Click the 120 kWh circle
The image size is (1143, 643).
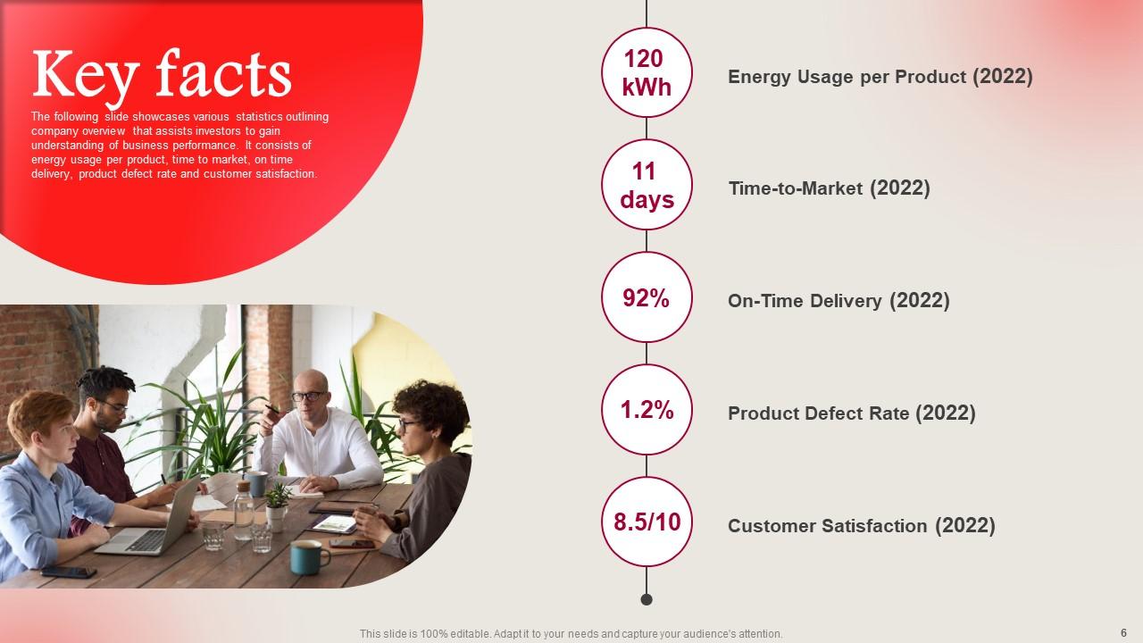click(x=647, y=72)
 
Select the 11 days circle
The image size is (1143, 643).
click(x=647, y=185)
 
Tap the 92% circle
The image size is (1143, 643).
click(x=647, y=297)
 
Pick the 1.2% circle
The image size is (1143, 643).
click(x=647, y=409)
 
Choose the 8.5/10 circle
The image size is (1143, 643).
click(x=647, y=522)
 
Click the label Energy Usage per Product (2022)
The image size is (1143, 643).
click(x=880, y=77)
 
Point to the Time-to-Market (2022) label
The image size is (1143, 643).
click(x=830, y=188)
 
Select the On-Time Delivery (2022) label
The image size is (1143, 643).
click(x=838, y=301)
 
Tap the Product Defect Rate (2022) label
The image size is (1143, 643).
click(x=852, y=413)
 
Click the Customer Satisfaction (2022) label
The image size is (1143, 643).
click(x=862, y=526)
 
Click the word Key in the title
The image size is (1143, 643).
click(x=86, y=77)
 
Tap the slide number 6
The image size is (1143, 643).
click(x=1123, y=633)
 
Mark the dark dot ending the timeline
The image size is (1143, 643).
click(x=647, y=599)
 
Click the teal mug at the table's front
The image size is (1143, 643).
click(x=309, y=557)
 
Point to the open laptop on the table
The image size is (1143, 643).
click(x=151, y=521)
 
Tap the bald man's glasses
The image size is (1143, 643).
click(x=309, y=396)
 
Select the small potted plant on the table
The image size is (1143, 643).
click(x=277, y=506)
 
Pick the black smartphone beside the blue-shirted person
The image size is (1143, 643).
click(x=69, y=572)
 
